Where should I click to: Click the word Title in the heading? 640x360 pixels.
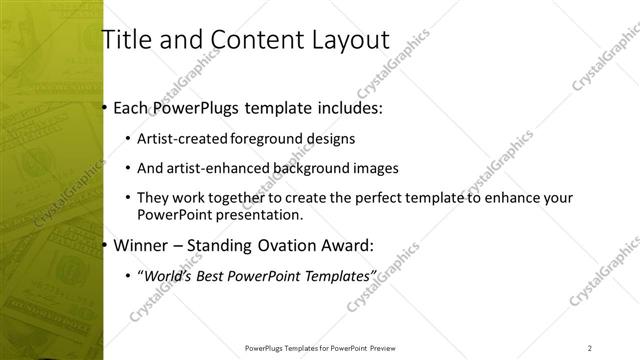pos(126,40)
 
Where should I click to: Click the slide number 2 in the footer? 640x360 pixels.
pos(590,347)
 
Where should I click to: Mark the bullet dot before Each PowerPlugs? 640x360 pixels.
pos(105,107)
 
